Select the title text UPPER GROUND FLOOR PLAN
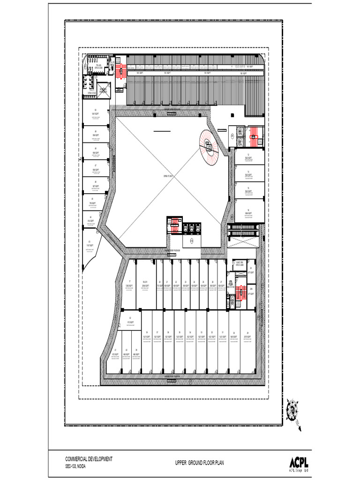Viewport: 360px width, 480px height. (x=200, y=463)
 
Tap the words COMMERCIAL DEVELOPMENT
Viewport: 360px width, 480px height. (x=89, y=459)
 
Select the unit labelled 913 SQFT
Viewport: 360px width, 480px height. (x=131, y=322)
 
